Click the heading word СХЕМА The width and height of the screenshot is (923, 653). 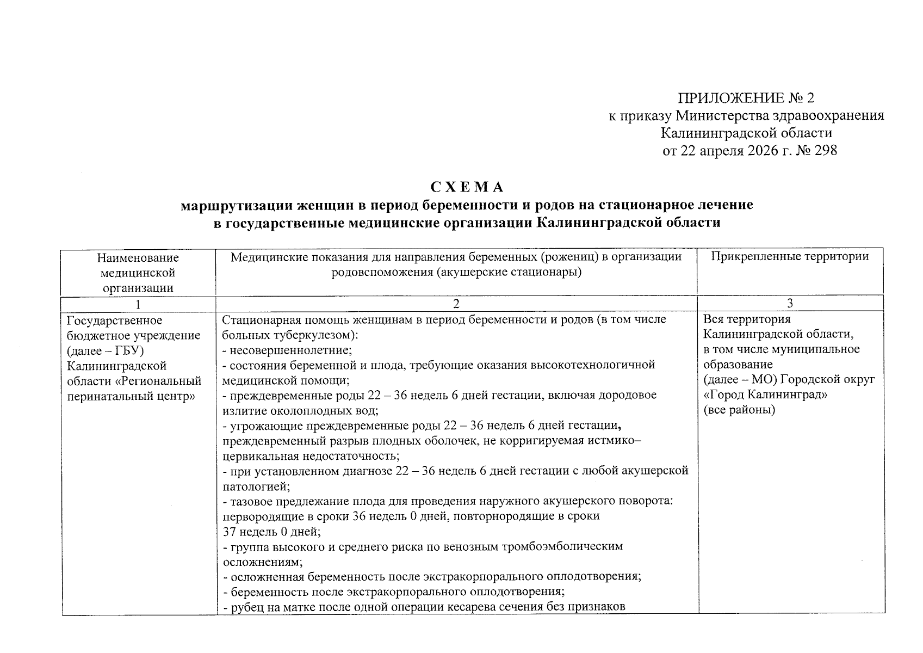tap(467, 187)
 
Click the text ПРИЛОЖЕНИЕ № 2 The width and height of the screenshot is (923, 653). tap(746, 98)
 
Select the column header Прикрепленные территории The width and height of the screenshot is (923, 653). tap(790, 257)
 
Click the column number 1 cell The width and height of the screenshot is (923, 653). tap(138, 304)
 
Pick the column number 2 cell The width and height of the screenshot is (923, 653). tap(456, 304)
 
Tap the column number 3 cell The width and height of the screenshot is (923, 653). tap(790, 304)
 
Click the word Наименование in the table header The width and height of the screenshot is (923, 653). tap(138, 257)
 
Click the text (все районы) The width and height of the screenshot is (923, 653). tap(739, 410)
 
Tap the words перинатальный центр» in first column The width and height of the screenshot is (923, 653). tap(131, 396)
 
